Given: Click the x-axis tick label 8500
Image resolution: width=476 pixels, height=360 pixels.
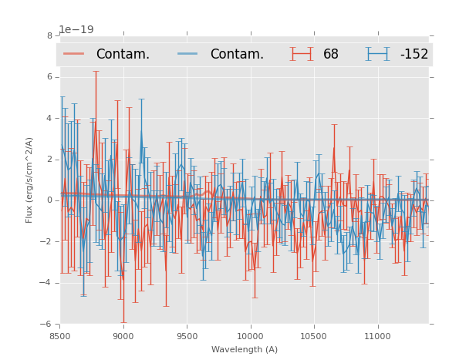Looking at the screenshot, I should (x=59, y=335).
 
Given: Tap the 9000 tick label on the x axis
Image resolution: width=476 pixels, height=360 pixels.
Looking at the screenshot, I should (x=123, y=335).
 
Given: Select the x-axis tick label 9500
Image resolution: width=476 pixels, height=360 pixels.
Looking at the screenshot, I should (x=187, y=335).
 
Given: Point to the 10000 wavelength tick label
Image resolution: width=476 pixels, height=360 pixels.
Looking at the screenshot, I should (x=250, y=335).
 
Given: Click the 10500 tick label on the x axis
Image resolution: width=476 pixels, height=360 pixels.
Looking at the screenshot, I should (x=313, y=335).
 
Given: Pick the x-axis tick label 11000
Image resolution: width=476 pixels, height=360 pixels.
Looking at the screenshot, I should (x=377, y=335).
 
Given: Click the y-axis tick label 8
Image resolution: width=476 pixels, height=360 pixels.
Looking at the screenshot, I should (x=49, y=35).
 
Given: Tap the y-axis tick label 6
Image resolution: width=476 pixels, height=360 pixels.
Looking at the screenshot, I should (x=49, y=77).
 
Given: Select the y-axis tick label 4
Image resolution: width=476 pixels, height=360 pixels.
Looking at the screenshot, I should (x=49, y=118).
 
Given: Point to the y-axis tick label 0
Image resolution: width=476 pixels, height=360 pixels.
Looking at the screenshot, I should (x=49, y=200).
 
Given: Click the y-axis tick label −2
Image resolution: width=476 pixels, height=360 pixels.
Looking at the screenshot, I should (x=47, y=241).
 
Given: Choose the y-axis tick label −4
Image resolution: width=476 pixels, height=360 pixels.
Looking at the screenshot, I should (x=47, y=283).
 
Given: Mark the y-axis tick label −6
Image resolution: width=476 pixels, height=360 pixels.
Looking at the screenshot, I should (x=47, y=324).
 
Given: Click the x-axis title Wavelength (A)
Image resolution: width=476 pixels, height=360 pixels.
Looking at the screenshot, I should (x=245, y=349).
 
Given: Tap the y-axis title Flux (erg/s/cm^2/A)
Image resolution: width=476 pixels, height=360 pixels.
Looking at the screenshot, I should (x=29, y=180).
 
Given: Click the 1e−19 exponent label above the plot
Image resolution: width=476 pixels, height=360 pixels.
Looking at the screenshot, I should (x=76, y=30).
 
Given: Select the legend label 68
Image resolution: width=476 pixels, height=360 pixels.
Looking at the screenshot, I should (x=331, y=54).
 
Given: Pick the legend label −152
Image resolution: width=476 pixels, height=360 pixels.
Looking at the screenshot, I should (x=414, y=54).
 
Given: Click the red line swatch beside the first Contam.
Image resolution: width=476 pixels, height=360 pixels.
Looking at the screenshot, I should (x=74, y=54).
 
